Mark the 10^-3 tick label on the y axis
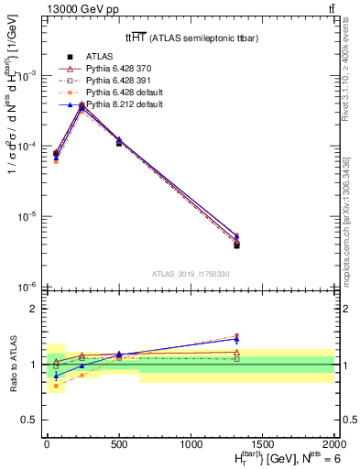27,76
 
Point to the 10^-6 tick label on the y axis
27,288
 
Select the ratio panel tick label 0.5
30,420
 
